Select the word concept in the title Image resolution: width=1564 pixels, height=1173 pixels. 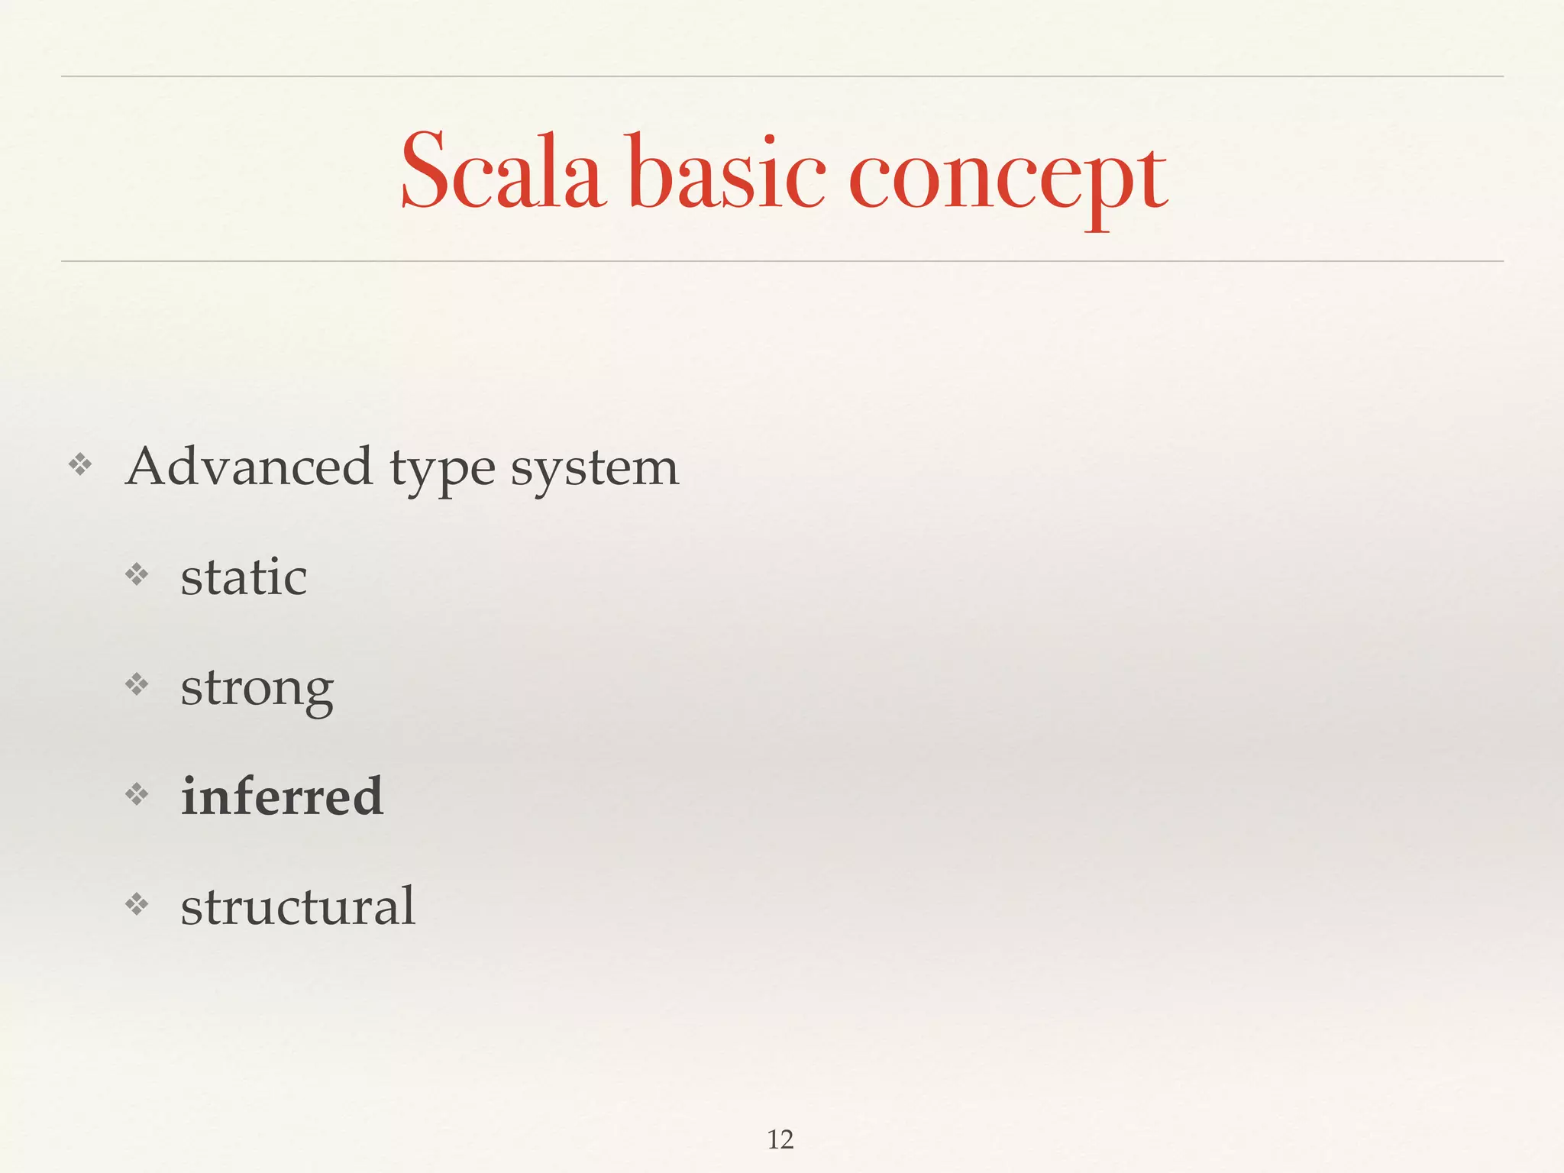[1007, 180]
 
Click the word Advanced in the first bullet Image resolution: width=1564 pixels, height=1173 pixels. [249, 467]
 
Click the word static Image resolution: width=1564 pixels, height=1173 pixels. [244, 577]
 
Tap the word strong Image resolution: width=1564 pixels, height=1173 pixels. [257, 690]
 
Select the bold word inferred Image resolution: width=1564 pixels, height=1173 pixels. [282, 797]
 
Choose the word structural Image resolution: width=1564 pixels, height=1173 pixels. [298, 906]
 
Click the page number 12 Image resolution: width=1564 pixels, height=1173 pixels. [780, 1139]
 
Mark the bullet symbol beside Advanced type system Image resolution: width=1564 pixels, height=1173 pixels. [80, 464]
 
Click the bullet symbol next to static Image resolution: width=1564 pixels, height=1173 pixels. [137, 574]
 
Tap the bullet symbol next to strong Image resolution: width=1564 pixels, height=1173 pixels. [137, 684]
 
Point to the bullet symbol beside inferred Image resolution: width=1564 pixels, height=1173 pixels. [137, 795]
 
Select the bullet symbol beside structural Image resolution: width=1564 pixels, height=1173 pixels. [137, 905]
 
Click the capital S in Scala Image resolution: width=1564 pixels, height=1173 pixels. [424, 171]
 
